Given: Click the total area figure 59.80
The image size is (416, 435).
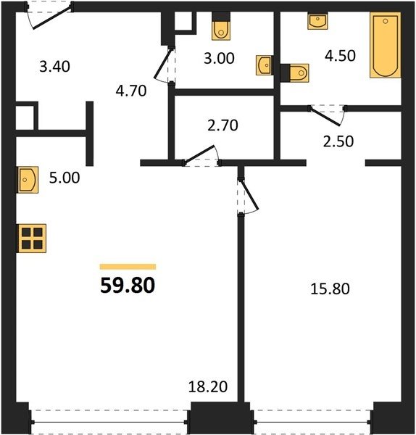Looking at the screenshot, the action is [128, 286].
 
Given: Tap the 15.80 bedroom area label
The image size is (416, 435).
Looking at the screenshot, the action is [330, 289].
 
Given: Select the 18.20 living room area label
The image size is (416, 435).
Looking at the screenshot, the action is [208, 386].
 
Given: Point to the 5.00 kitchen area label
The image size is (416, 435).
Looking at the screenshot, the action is [65, 178].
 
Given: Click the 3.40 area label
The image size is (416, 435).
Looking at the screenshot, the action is [54, 67].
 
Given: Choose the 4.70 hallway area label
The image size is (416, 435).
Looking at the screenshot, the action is [131, 91].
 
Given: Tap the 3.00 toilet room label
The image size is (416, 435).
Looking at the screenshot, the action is [219, 58].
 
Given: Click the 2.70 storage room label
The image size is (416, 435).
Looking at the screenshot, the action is [222, 125].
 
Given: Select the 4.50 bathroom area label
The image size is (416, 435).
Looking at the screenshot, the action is [340, 56].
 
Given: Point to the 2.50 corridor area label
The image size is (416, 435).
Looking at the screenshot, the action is [338, 141].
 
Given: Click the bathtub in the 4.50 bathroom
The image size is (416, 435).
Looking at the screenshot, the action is [386, 45].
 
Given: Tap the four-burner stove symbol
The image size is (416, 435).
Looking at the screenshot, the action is [32, 239].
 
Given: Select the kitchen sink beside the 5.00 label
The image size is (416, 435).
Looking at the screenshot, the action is [28, 180].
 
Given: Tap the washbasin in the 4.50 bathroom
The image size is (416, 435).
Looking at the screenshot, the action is [317, 21].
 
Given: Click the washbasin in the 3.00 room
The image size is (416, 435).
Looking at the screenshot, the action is [264, 65].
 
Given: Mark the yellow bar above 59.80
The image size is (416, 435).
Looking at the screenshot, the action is [128, 267].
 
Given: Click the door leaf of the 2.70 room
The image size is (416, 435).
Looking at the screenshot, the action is [199, 154].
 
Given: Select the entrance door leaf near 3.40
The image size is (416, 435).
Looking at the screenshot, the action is [52, 17].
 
